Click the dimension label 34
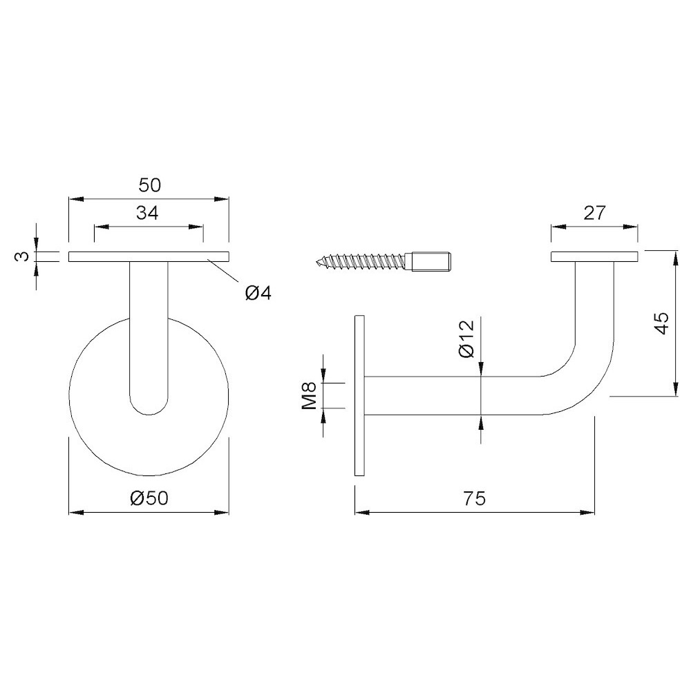(x=147, y=213)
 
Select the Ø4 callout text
(x=258, y=293)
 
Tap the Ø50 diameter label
(x=150, y=498)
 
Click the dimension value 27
(x=595, y=213)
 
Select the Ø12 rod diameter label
(x=466, y=339)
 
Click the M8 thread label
(x=309, y=396)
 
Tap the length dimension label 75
(x=475, y=498)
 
